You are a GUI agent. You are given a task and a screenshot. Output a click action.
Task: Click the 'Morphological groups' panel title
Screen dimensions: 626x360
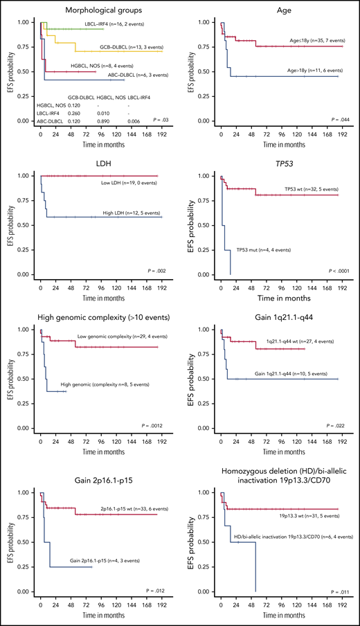click(x=93, y=10)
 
